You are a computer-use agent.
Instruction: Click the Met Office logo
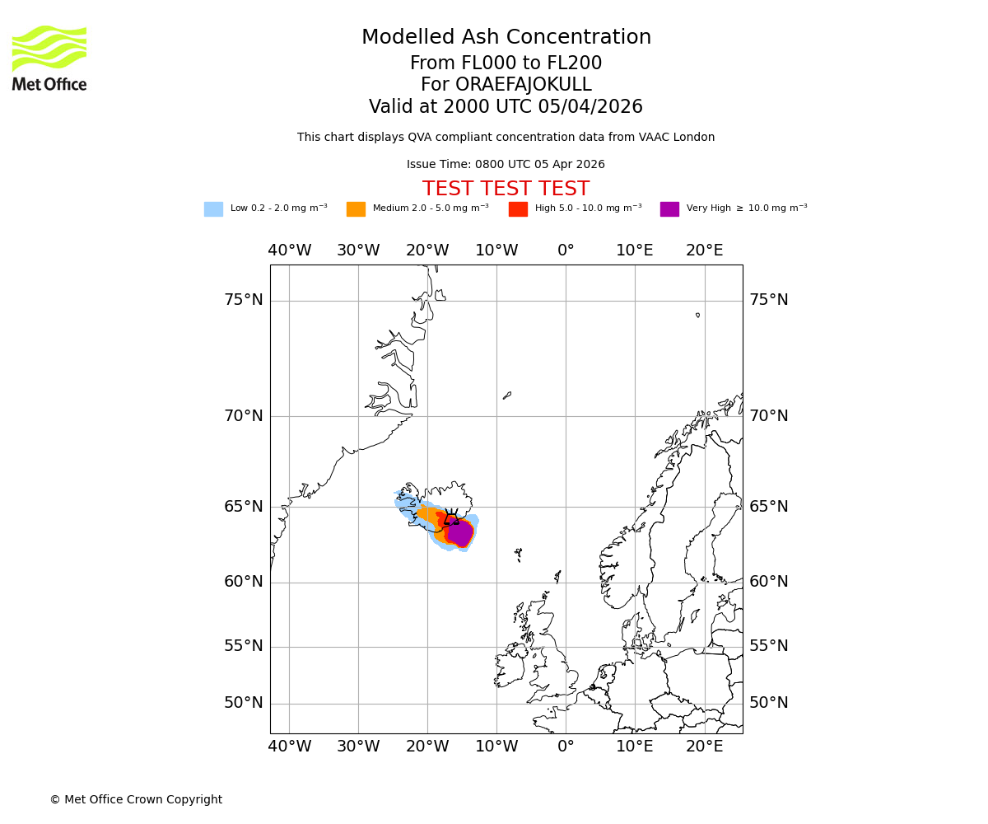point(49,58)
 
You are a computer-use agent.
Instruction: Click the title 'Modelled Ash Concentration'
point(506,38)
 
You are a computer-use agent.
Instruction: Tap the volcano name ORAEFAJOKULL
point(506,85)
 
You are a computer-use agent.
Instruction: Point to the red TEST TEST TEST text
point(506,190)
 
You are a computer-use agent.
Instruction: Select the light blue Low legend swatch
point(213,209)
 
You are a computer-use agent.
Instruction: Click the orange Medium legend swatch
point(356,209)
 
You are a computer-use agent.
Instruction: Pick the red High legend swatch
point(518,209)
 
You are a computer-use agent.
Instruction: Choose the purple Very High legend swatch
point(669,209)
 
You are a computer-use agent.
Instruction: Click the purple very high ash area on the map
point(459,533)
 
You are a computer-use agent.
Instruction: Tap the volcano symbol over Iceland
point(451,517)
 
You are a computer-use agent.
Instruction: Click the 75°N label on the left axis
point(244,300)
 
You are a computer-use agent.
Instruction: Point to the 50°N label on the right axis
point(768,703)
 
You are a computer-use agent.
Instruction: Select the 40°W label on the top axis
point(290,250)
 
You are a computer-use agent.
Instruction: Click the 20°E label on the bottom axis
point(704,747)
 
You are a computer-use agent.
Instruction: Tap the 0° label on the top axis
point(566,250)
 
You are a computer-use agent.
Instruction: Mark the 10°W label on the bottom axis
point(496,747)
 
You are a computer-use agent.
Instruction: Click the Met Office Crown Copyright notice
point(136,799)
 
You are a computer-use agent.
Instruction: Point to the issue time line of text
point(506,165)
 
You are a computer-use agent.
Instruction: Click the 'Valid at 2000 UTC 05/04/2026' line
point(506,107)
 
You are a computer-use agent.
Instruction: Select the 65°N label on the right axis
point(768,507)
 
